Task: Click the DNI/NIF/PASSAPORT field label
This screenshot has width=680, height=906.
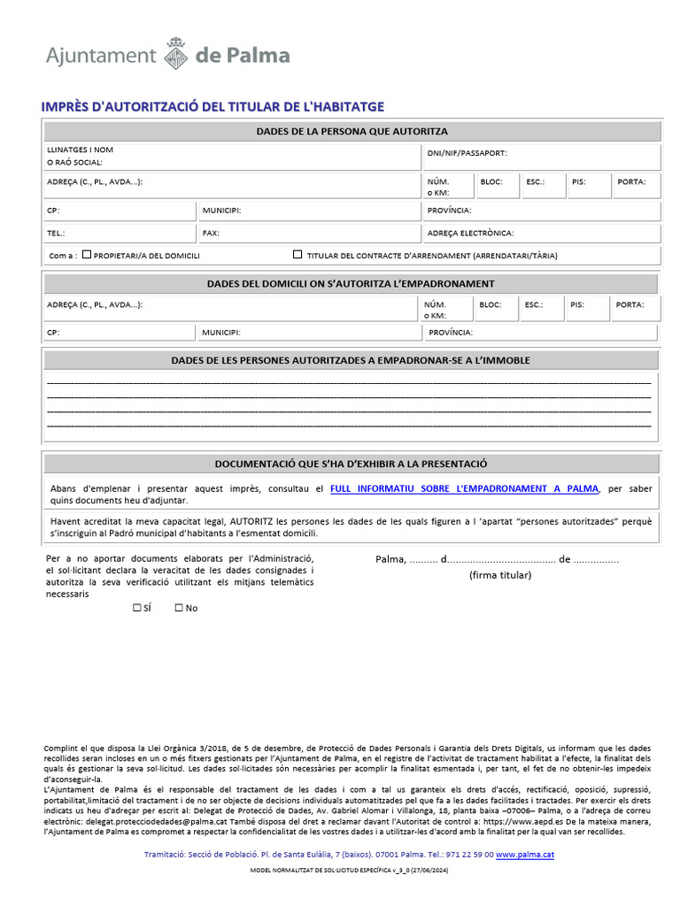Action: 467,153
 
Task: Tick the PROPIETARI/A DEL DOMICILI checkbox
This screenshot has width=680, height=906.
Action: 87,254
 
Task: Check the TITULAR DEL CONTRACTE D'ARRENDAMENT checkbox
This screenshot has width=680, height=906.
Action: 297,254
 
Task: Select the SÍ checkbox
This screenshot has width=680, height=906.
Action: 136,608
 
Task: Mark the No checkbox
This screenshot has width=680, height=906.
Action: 179,608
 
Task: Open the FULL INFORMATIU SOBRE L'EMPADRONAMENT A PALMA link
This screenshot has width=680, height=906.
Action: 464,488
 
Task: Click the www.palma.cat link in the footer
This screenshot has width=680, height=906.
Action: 524,855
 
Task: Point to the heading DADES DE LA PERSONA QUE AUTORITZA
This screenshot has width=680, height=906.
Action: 352,132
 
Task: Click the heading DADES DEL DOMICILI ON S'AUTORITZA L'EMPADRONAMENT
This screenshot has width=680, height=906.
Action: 351,284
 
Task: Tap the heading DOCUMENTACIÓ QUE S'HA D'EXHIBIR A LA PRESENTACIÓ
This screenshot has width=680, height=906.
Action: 351,464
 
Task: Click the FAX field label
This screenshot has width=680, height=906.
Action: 211,234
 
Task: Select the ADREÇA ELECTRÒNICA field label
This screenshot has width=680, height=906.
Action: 469,234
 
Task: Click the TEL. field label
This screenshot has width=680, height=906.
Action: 56,234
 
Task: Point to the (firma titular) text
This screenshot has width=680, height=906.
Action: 499,575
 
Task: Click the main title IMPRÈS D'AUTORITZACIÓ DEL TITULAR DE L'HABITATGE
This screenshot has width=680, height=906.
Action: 212,107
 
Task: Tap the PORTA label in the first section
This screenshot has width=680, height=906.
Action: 631,181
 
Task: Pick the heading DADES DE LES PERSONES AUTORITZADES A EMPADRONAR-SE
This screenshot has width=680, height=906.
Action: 351,361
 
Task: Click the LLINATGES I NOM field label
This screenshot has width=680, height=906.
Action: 80,150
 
